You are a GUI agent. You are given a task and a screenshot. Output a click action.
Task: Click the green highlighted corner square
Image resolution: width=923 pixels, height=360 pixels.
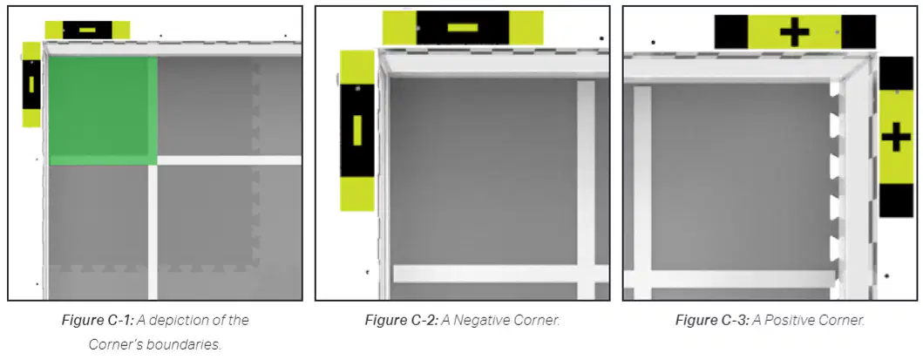103,111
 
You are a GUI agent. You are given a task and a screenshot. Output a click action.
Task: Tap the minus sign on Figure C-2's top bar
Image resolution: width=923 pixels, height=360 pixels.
463,28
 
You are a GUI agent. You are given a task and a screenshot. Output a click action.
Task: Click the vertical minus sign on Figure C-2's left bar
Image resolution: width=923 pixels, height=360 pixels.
357,130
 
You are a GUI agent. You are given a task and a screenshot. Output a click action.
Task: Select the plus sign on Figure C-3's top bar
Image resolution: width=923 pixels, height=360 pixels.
795,32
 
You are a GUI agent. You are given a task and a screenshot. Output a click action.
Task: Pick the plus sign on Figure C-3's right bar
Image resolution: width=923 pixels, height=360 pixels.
896,138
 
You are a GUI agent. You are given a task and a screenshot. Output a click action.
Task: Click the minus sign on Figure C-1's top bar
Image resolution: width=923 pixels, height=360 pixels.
87,30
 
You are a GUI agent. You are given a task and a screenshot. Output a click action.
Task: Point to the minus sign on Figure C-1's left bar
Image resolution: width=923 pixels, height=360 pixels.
31,85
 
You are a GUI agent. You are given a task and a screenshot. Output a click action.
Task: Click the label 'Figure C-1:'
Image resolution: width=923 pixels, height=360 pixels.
98,321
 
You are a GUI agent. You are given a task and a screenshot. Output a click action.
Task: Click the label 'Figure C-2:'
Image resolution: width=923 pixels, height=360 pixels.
402,321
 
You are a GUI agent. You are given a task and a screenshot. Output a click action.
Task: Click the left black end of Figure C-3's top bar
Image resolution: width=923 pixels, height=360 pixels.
731,31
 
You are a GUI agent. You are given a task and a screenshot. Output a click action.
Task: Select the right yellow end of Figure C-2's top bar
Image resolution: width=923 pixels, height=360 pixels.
526,28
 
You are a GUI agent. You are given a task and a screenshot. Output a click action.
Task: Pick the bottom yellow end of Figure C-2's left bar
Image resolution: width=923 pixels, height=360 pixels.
357,194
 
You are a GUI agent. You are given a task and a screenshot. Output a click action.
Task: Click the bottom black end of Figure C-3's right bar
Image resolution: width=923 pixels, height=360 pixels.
896,200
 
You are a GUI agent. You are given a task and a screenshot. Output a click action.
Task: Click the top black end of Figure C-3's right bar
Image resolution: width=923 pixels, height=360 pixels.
896,73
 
